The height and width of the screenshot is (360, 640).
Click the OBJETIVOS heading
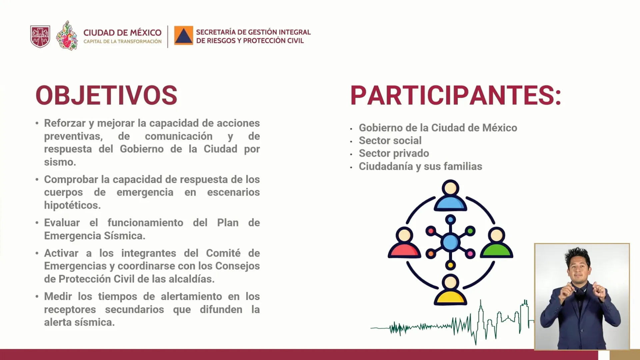tap(106, 95)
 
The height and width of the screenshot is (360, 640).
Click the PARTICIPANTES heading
tap(455, 95)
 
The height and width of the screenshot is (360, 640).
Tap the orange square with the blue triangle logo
tap(183, 35)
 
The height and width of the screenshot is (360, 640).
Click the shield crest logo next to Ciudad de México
tap(40, 36)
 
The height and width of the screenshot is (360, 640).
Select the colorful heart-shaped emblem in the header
tap(67, 36)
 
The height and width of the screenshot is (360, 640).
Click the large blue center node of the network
tap(450, 242)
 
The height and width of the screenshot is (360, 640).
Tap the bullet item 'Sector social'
tap(390, 141)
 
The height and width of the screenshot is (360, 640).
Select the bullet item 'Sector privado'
tap(394, 153)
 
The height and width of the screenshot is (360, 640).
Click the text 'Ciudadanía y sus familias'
tap(420, 166)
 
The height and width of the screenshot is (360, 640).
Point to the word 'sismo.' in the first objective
tap(60, 162)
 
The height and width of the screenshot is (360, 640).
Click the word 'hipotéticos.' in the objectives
tap(72, 205)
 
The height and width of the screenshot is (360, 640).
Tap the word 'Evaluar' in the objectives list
tap(62, 223)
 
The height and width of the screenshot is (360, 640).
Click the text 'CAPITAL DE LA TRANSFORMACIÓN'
tap(122, 41)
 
